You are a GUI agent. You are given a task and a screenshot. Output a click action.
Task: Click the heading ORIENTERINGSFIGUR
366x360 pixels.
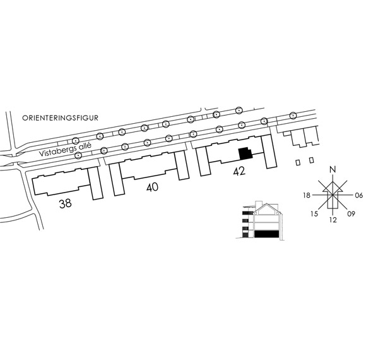tap(60, 117)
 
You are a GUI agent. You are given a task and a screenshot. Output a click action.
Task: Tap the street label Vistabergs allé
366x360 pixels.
tap(65, 149)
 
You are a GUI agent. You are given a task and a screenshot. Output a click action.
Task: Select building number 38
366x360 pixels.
tap(66, 203)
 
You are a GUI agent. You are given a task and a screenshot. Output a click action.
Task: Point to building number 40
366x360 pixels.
tap(152, 187)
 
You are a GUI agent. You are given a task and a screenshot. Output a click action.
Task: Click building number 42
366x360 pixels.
tap(239, 171)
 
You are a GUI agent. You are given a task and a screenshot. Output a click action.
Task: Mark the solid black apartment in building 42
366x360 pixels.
tap(245, 153)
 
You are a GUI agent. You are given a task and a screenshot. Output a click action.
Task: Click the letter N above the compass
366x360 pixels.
tap(333, 169)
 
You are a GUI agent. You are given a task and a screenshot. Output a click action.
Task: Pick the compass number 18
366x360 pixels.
tap(307, 195)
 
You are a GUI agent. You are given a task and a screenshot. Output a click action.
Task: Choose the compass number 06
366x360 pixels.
tap(359, 195)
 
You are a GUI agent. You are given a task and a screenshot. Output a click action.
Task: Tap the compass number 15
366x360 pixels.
tap(314, 213)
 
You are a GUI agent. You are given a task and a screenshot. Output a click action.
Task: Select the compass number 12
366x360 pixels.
tap(333, 220)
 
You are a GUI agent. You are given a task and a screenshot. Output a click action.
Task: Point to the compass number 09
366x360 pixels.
tap(351, 213)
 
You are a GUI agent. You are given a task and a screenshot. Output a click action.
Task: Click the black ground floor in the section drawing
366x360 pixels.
tap(266, 234)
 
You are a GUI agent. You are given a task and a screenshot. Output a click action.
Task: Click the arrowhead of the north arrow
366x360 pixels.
tap(333, 186)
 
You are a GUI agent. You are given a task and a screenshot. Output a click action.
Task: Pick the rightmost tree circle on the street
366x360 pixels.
tap(293, 116)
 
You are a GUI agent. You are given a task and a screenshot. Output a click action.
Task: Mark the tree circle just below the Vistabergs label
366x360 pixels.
tap(78, 155)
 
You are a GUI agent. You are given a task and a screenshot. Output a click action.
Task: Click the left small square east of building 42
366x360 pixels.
tap(298, 162)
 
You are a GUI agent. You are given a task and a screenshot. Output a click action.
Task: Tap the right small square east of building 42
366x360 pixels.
tap(311, 160)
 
